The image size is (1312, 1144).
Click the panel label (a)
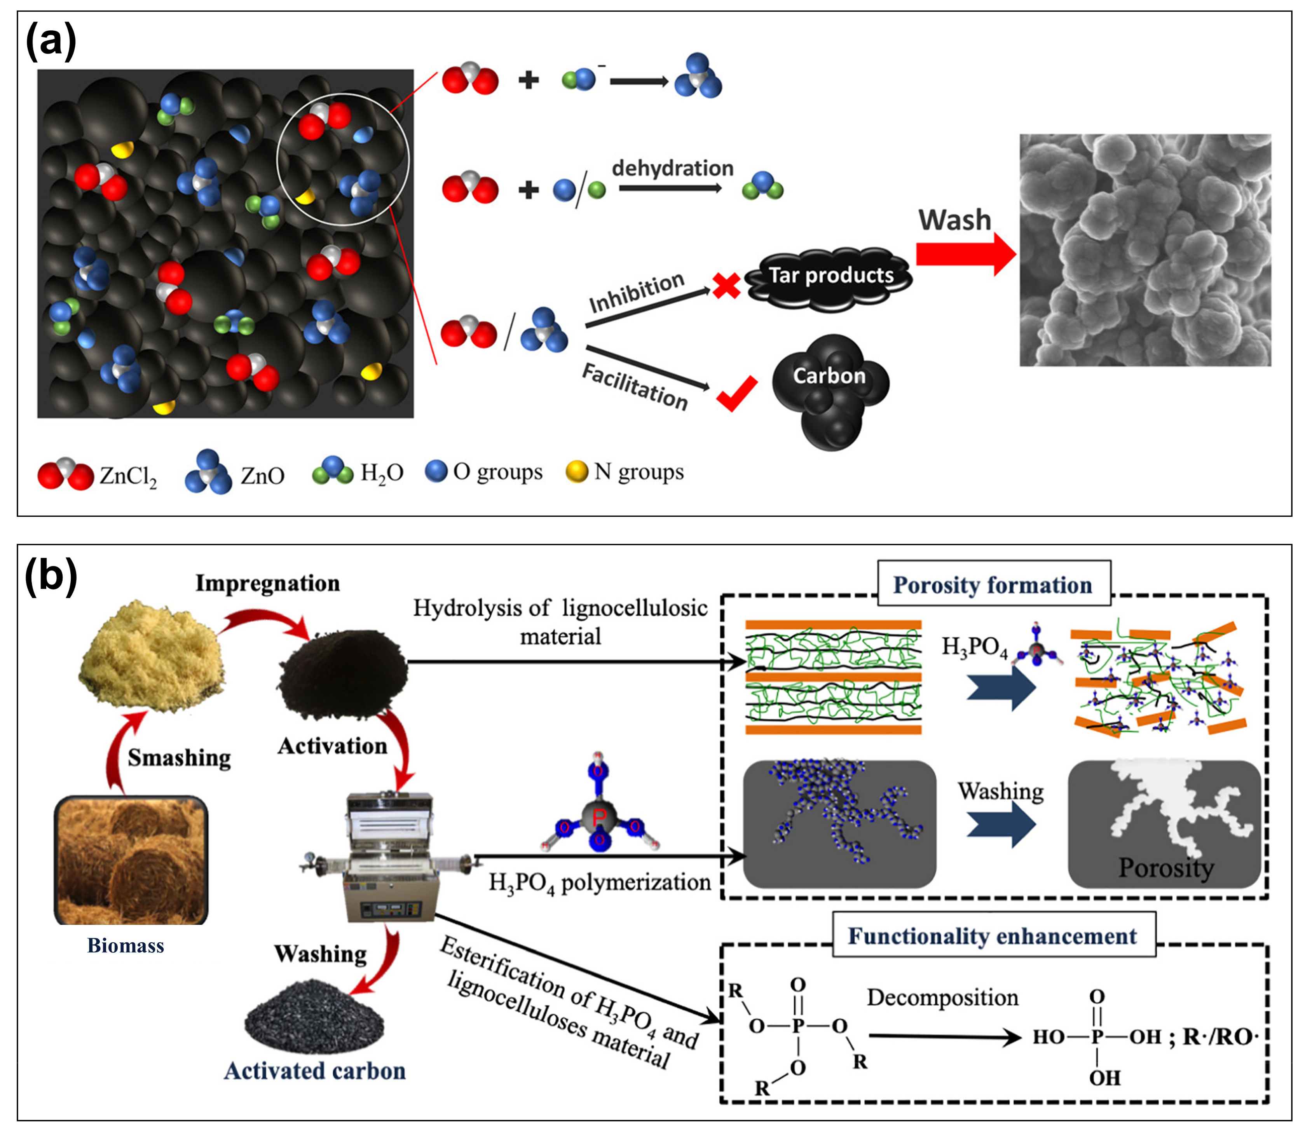[51, 41]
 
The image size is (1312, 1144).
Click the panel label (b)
[51, 576]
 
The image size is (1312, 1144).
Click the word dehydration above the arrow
[672, 169]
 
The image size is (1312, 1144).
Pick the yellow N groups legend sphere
[576, 472]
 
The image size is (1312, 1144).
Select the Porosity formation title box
[993, 584]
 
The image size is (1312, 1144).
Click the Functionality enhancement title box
[993, 936]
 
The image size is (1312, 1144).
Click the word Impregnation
[267, 583]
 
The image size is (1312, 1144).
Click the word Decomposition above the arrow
[942, 997]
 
